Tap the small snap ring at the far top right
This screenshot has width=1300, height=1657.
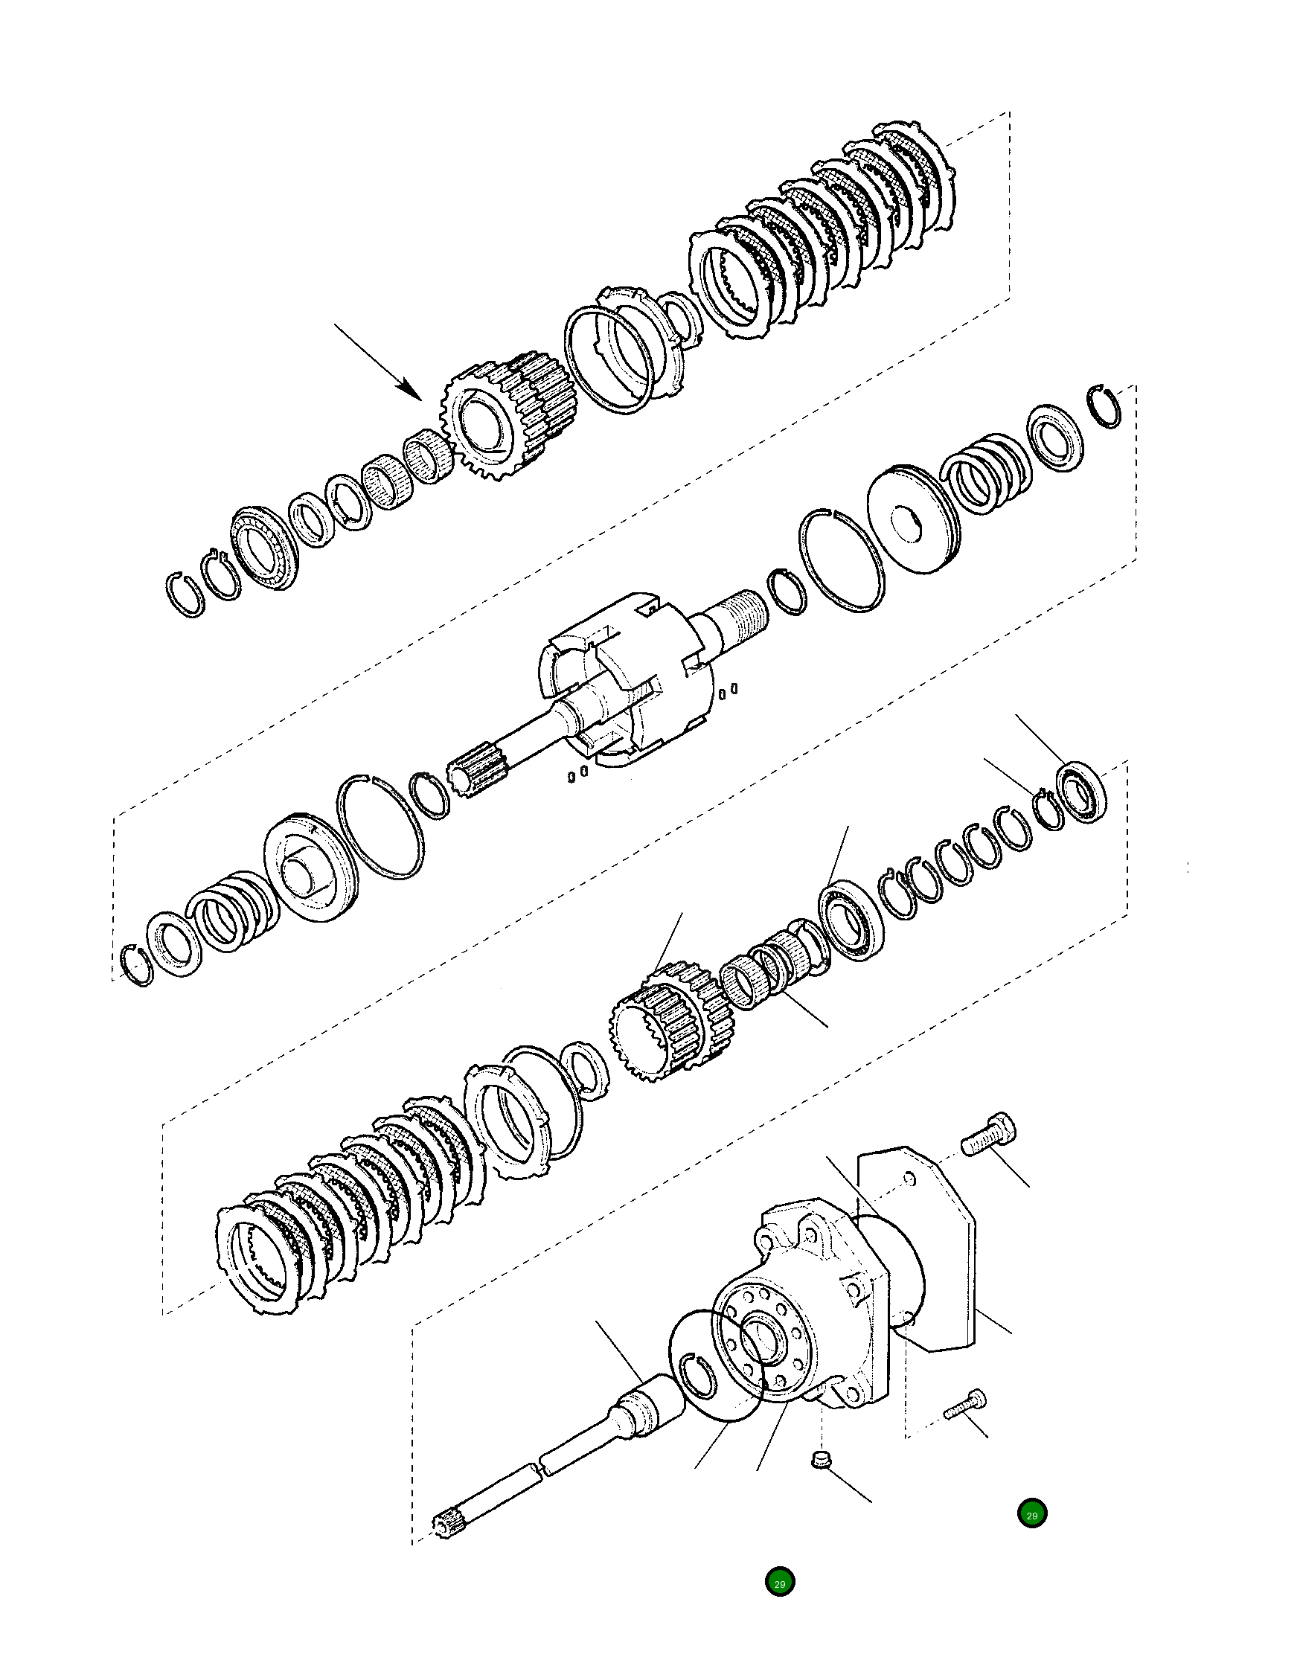pyautogui.click(x=1104, y=406)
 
